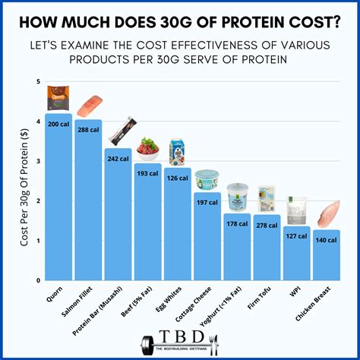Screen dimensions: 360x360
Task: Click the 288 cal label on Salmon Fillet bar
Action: [88, 130]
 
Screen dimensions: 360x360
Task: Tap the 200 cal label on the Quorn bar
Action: [58, 123]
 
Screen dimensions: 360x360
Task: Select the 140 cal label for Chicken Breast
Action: [326, 240]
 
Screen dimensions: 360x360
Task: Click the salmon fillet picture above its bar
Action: [89, 106]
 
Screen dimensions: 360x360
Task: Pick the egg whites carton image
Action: [177, 152]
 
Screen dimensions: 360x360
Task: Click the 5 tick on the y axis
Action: [37, 82]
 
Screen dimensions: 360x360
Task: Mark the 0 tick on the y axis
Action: [37, 280]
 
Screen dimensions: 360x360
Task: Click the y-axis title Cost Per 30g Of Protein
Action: [17, 181]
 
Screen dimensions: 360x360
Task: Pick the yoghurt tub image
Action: [237, 196]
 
